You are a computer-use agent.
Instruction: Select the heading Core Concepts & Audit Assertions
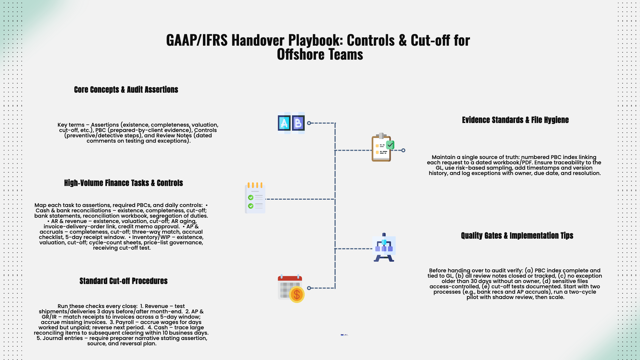pos(126,90)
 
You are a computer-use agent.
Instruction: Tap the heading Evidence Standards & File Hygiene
pos(515,120)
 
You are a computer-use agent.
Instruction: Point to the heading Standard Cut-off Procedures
pos(123,281)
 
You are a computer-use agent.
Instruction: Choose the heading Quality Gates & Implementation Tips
pos(517,236)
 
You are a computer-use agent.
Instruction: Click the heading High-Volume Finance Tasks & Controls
pos(123,183)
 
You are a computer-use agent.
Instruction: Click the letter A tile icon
pos(284,123)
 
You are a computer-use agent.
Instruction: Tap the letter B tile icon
pos(298,123)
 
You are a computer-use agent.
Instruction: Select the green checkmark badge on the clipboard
pos(390,145)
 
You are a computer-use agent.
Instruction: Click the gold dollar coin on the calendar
pos(297,295)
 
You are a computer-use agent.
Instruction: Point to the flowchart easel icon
pos(384,248)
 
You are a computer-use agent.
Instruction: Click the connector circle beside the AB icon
pos(309,123)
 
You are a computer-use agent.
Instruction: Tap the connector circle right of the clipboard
pos(403,150)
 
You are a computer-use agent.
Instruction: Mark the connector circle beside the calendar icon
pos(309,288)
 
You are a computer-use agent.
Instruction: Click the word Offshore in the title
pos(298,55)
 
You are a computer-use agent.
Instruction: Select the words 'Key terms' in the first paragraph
pos(71,125)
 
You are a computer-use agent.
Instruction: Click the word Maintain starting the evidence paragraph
pos(443,157)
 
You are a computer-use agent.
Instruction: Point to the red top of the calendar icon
pos(290,278)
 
